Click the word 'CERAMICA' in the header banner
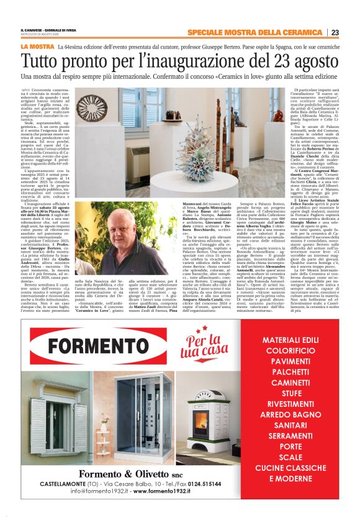300,32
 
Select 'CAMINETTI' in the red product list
290,384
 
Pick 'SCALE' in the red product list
290,457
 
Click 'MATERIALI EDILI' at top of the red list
290,340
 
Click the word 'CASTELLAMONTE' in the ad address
68,483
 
